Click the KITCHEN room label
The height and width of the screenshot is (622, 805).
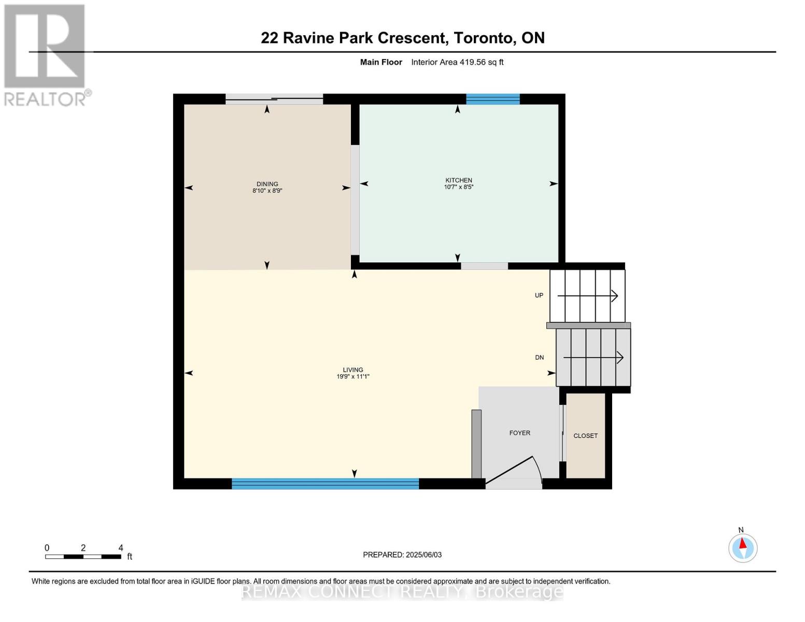coord(458,180)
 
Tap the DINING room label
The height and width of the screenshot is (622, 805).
coord(267,183)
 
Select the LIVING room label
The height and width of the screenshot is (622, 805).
coord(352,370)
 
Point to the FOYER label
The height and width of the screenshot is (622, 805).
coord(519,433)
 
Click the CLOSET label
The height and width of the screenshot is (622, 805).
coord(585,436)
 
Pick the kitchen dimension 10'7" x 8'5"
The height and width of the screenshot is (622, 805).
coord(458,187)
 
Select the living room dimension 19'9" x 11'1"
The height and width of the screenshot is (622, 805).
coord(352,377)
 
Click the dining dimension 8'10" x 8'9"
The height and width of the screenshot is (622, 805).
coord(267,191)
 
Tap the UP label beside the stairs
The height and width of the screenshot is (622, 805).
coord(539,295)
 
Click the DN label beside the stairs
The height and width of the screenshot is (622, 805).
coord(539,358)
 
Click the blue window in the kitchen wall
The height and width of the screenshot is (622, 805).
coord(492,99)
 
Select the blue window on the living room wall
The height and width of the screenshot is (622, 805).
coord(325,484)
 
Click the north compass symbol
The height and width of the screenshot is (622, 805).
coord(743,547)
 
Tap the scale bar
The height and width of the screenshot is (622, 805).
coord(83,557)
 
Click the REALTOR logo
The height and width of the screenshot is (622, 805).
coord(46,54)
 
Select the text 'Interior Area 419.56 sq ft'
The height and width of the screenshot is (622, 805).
coord(457,62)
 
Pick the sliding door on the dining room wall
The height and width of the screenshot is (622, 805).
coord(274,99)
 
